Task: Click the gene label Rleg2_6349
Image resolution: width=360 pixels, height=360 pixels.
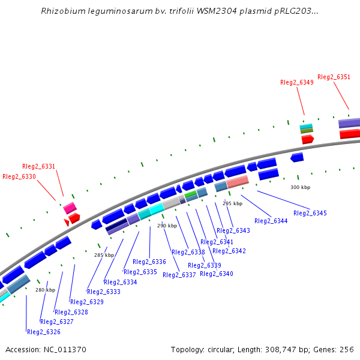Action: pos(296,82)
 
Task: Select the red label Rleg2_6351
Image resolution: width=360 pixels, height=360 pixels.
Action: pos(334,77)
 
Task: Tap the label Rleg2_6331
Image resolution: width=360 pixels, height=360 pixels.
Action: pos(38,166)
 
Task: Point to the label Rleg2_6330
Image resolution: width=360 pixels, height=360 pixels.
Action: pos(19,176)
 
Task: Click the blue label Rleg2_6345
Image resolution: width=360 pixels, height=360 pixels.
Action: pos(310,213)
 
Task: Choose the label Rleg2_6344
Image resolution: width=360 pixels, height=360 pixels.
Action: pos(271,221)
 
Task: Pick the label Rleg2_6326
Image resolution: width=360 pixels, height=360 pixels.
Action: pos(44,332)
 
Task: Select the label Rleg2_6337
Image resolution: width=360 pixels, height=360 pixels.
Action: pos(179,275)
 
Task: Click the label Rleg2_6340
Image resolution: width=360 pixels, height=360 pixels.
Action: pos(217,274)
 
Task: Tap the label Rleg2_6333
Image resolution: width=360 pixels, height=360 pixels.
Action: pos(104,292)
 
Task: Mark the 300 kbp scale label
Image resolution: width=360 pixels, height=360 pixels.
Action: pos(300,187)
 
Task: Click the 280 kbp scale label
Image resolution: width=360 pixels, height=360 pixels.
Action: pos(45,290)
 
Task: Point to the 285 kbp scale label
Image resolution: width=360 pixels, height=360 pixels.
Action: pos(104,255)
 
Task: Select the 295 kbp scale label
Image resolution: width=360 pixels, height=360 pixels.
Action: pos(232,203)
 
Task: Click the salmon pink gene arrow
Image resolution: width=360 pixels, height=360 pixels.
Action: pos(238,181)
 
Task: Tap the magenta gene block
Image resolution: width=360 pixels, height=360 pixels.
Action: pos(70,208)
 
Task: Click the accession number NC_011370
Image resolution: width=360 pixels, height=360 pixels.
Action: pos(64,349)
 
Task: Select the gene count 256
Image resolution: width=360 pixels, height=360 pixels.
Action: pos(347,349)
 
